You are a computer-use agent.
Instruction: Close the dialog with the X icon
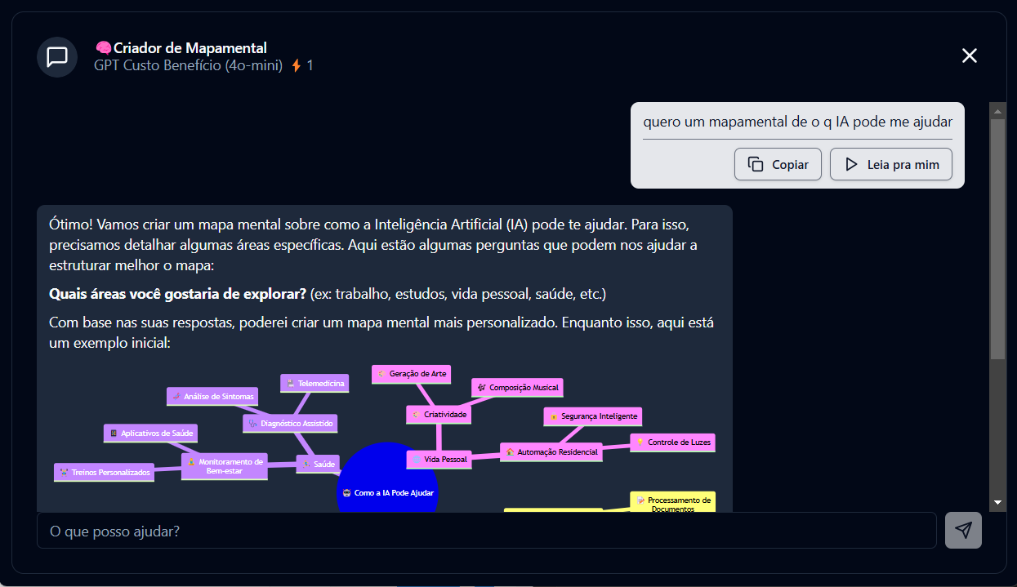(x=969, y=56)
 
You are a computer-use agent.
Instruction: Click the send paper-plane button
(x=963, y=531)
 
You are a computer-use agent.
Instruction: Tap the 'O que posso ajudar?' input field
(x=486, y=531)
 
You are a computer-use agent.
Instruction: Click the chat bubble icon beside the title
(x=57, y=57)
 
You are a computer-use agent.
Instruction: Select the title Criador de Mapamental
(x=190, y=48)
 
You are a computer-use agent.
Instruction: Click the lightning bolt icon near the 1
(x=297, y=65)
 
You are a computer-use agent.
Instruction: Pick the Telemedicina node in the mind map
(x=314, y=383)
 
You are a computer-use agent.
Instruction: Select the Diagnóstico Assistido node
(x=290, y=423)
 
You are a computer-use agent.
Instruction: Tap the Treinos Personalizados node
(x=104, y=472)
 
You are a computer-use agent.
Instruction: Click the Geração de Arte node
(x=411, y=373)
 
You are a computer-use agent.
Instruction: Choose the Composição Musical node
(x=517, y=387)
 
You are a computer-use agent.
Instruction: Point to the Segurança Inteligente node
(x=592, y=416)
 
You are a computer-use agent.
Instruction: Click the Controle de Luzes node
(x=672, y=442)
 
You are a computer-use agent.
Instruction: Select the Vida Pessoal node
(x=439, y=459)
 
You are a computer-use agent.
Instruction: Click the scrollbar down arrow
(x=997, y=501)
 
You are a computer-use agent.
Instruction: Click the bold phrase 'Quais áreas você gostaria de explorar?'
(x=177, y=294)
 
